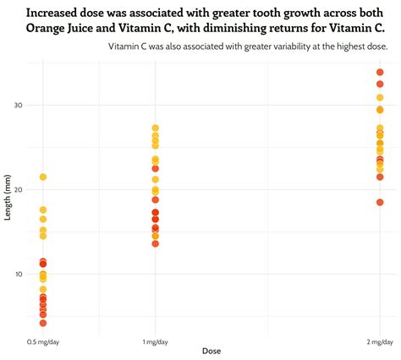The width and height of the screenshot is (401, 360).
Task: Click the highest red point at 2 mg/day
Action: click(x=380, y=73)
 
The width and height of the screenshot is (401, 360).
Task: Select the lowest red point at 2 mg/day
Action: click(x=380, y=202)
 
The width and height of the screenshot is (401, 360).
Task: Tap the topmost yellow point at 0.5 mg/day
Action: click(x=43, y=177)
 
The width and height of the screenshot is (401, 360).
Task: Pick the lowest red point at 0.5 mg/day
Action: click(x=43, y=323)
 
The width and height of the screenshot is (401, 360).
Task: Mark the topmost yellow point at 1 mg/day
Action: click(x=156, y=128)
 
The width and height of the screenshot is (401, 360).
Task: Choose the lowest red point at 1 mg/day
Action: click(x=156, y=243)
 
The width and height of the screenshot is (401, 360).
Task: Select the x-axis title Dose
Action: click(x=211, y=351)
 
